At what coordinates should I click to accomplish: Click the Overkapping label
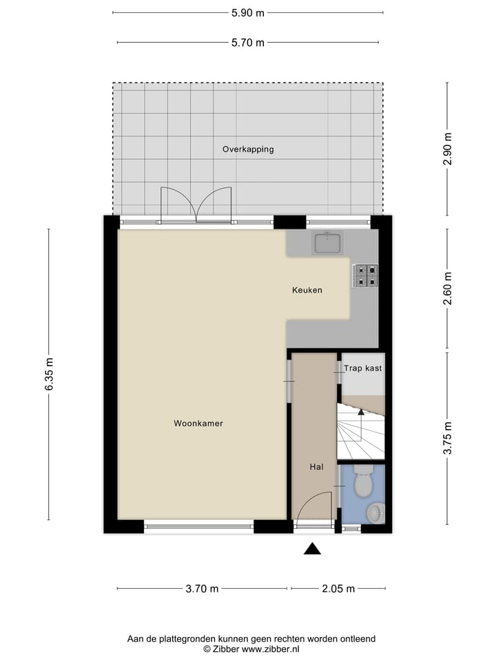pyautogui.click(x=248, y=149)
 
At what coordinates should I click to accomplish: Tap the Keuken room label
pyautogui.click(x=307, y=291)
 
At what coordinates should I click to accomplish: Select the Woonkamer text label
pyautogui.click(x=198, y=424)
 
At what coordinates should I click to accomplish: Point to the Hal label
pyautogui.click(x=316, y=467)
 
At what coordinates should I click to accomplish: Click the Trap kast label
pyautogui.click(x=363, y=368)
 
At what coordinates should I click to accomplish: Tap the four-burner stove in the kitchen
pyautogui.click(x=365, y=275)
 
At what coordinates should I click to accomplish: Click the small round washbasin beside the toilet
pyautogui.click(x=375, y=513)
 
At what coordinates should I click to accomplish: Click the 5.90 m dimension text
pyautogui.click(x=248, y=12)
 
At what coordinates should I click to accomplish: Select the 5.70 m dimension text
pyautogui.click(x=248, y=43)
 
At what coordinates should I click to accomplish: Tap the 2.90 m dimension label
pyautogui.click(x=448, y=148)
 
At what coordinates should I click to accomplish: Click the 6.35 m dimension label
pyautogui.click(x=48, y=375)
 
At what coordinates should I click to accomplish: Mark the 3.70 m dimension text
pyautogui.click(x=202, y=589)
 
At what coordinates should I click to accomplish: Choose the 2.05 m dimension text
pyautogui.click(x=338, y=589)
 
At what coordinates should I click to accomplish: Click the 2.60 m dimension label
pyautogui.click(x=448, y=289)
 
